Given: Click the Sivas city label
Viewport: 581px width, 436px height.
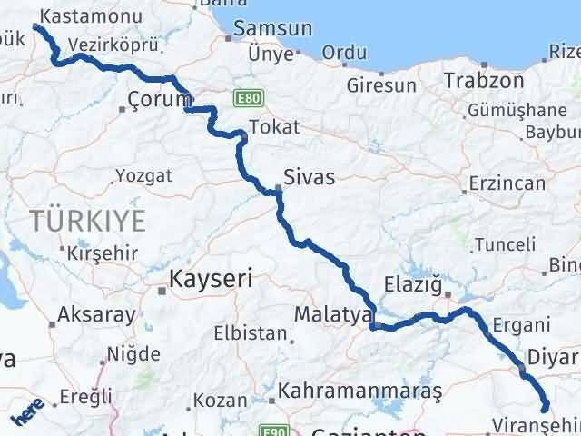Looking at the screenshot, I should [309, 177].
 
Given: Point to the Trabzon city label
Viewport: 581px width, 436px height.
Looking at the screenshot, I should [484, 80].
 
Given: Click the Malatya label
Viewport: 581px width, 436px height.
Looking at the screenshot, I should [332, 314].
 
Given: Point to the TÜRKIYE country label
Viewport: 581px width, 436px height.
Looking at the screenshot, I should [87, 220].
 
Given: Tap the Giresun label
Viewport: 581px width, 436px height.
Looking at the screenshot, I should [381, 85].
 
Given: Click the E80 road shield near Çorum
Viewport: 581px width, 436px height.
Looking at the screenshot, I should [245, 95].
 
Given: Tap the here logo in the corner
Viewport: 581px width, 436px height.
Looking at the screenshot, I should [25, 416].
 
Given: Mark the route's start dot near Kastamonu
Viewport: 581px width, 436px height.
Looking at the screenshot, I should [36, 27].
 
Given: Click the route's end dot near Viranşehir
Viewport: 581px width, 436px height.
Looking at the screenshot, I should [545, 409].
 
